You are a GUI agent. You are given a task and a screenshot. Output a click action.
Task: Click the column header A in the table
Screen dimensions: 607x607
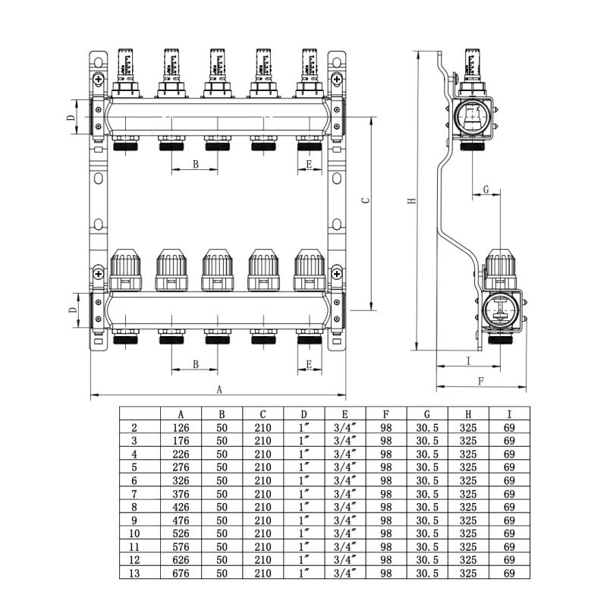pos(181,414)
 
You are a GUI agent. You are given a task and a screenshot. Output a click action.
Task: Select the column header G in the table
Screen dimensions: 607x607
pos(427,414)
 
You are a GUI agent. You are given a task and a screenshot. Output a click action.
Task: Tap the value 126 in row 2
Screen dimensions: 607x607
pos(181,428)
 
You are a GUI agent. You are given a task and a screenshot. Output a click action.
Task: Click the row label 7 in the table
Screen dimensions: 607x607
pos(134,492)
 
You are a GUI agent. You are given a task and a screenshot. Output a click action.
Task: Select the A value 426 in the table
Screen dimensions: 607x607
pos(181,505)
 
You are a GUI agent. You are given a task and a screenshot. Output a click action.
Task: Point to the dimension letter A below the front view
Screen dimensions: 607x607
pos(220,389)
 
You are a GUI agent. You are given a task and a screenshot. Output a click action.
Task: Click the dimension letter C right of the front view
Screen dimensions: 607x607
pos(364,201)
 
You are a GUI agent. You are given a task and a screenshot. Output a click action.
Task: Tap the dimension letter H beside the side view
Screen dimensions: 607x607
pos(410,201)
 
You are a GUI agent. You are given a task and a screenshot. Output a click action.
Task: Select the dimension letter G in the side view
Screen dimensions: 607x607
pos(486,188)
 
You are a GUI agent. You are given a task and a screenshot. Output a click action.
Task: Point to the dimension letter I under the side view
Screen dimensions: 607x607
pos(467,360)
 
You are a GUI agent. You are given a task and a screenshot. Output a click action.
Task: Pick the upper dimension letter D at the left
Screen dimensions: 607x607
pos(70,118)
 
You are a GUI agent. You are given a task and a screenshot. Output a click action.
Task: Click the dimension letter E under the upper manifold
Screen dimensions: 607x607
pos(309,164)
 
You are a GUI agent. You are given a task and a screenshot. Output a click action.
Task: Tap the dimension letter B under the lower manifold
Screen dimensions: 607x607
pos(195,364)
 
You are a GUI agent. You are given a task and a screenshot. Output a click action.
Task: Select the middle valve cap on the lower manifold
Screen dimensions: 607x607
pos(217,266)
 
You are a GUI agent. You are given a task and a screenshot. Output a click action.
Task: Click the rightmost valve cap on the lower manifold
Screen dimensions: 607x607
pos(310,266)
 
